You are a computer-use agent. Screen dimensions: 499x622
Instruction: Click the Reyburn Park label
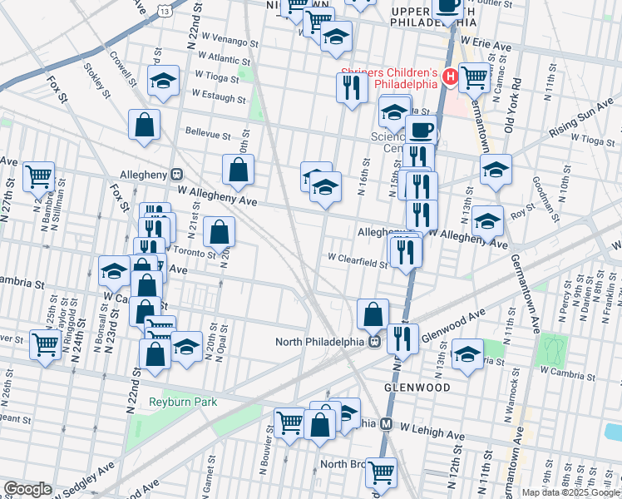click(183, 403)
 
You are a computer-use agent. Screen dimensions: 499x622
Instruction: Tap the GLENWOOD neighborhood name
click(417, 388)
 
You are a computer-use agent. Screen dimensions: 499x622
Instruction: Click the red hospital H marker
click(450, 77)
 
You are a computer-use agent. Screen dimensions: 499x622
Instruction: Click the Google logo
click(27, 489)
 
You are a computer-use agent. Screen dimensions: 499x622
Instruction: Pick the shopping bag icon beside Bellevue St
click(145, 126)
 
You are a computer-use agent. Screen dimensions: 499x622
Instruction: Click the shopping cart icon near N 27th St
click(39, 176)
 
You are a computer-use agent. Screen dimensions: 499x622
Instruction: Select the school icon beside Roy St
click(487, 221)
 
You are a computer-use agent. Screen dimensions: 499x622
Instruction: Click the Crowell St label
click(122, 72)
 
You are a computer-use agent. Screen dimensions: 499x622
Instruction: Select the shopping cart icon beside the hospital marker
click(474, 77)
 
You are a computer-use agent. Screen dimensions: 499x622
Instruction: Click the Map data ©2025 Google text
click(570, 492)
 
